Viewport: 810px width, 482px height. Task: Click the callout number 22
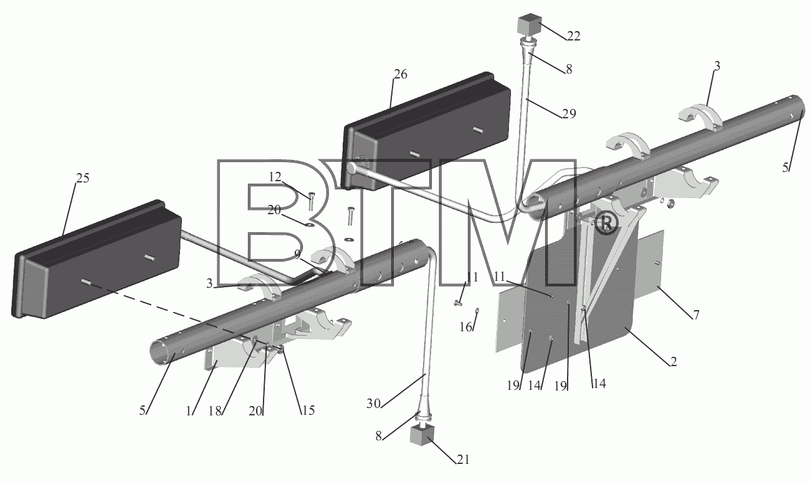[x=573, y=36]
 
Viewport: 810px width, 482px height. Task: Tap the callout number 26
[x=401, y=75]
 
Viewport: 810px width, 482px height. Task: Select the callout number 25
[x=83, y=178]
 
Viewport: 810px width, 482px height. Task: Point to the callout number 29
[x=569, y=114]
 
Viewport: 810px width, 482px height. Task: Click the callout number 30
[x=374, y=404]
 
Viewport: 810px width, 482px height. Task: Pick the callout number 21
[x=463, y=460]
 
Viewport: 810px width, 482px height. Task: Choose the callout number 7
[x=697, y=314]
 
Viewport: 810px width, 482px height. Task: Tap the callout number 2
[x=674, y=362]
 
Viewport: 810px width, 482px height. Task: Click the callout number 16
[x=466, y=327]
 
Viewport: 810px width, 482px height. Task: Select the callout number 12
[x=275, y=177]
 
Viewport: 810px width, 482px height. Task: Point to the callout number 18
[x=215, y=411]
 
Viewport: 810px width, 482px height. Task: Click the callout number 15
[x=308, y=410]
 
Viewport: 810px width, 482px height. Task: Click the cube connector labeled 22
[x=529, y=24]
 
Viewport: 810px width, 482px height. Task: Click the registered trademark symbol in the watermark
[x=606, y=224]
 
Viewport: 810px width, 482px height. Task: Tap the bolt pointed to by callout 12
[x=311, y=202]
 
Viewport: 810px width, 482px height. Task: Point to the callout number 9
[x=297, y=255]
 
